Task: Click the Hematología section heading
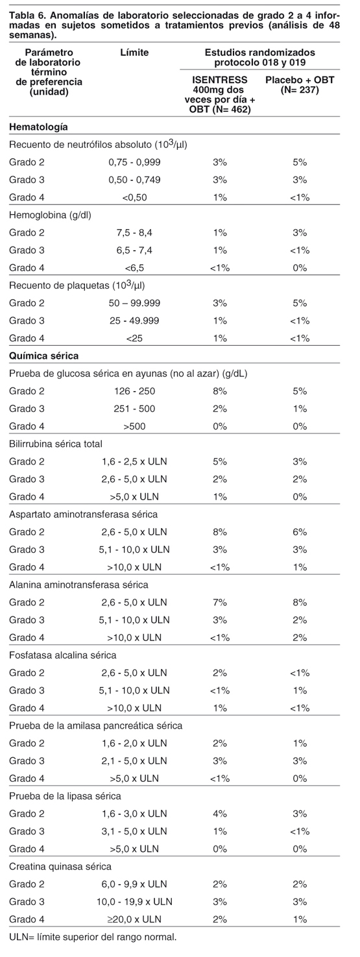click(38, 127)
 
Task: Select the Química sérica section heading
click(43, 356)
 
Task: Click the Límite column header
click(134, 53)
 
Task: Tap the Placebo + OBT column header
click(300, 84)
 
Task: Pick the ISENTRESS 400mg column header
click(220, 95)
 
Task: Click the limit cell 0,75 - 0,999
click(134, 162)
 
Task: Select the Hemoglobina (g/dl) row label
click(51, 215)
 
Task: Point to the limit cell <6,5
click(134, 268)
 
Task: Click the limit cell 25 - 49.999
click(134, 321)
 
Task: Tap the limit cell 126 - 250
click(134, 391)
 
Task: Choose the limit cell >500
click(134, 426)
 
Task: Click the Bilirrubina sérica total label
click(56, 444)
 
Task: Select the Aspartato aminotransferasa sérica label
click(83, 514)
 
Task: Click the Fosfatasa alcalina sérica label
click(63, 655)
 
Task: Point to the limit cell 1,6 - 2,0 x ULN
click(134, 743)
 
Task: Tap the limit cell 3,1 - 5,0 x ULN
click(134, 831)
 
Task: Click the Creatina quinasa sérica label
click(60, 866)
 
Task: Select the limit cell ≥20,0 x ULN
click(134, 919)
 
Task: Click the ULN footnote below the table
click(93, 938)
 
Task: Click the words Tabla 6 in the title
click(23, 16)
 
